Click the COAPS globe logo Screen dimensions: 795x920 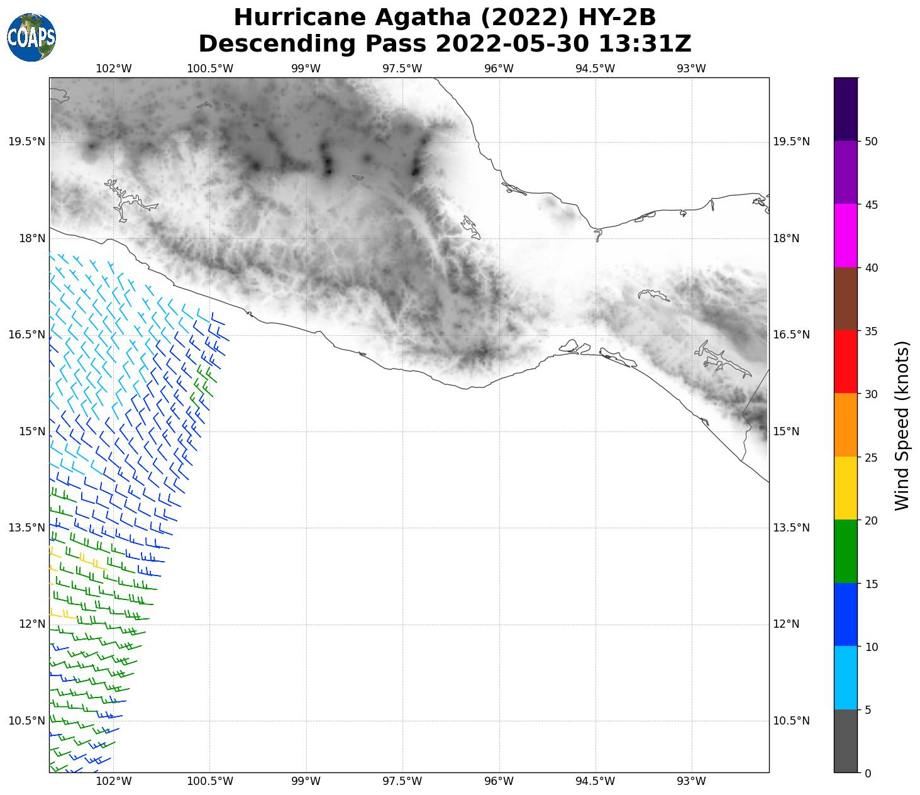(x=31, y=37)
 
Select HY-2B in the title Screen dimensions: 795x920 (x=618, y=18)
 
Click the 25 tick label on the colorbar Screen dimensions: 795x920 (x=871, y=457)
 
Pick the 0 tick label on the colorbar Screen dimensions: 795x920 (x=868, y=773)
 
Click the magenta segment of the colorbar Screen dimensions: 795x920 (x=846, y=236)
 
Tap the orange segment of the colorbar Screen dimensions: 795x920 (x=846, y=425)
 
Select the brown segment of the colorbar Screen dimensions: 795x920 (x=846, y=299)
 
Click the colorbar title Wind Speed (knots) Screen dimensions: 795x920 (x=902, y=425)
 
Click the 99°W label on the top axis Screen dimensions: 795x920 (x=306, y=69)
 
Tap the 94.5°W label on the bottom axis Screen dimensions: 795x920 (x=595, y=782)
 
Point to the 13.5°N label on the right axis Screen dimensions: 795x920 (x=791, y=528)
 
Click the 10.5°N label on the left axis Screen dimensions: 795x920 (x=27, y=721)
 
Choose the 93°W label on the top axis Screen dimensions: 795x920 (x=691, y=69)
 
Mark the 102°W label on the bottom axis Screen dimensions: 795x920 (x=114, y=782)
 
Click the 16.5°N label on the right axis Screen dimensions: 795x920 (x=791, y=335)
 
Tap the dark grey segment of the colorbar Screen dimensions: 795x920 (x=846, y=741)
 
